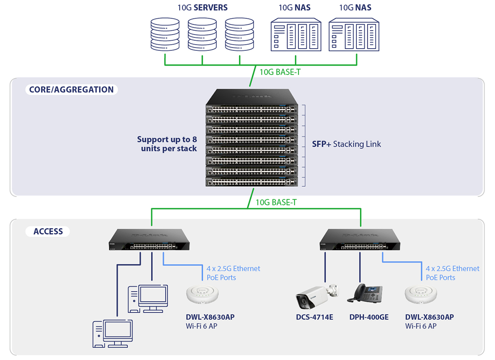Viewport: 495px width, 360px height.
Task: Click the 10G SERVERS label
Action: pyautogui.click(x=202, y=7)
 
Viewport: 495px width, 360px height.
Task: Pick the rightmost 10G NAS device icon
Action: pyautogui.click(x=354, y=35)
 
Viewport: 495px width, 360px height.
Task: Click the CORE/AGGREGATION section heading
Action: pyautogui.click(x=71, y=90)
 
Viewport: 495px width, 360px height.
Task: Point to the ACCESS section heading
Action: pyautogui.click(x=48, y=231)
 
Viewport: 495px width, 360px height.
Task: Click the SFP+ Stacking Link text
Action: pyautogui.click(x=346, y=144)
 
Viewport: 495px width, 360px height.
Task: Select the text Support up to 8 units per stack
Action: pyautogui.click(x=167, y=144)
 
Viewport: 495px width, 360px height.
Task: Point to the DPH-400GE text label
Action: pyautogui.click(x=369, y=317)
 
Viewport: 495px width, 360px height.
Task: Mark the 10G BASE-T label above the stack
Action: pyautogui.click(x=280, y=72)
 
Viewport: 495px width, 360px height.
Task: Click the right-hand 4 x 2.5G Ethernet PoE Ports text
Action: pyautogui.click(x=452, y=273)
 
